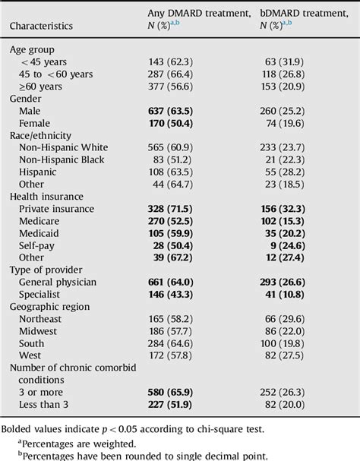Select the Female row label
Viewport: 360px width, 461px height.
click(34, 124)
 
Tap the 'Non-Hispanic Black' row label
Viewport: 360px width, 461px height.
click(62, 160)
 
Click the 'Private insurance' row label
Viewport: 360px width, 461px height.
click(57, 210)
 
